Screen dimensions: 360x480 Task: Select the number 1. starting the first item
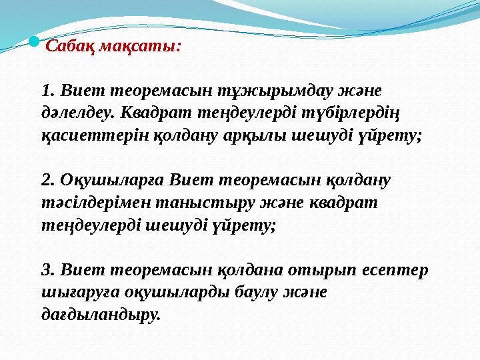[x=47, y=89]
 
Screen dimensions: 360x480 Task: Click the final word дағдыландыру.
[x=101, y=315]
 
